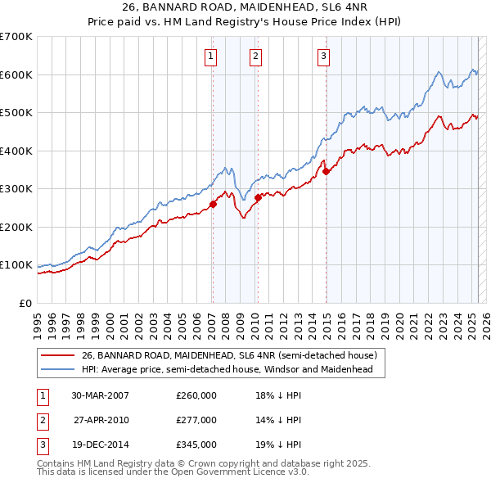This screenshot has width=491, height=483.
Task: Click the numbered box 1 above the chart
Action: coord(211,56)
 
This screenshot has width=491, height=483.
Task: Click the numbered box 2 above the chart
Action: coord(256,56)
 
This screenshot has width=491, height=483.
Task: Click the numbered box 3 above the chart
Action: coord(324,56)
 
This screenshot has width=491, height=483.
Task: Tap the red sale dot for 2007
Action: coord(213,205)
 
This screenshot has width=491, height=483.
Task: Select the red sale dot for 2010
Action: coord(258,197)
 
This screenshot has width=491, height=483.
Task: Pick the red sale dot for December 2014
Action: coord(326,172)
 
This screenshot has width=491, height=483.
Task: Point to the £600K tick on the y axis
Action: coord(16,74)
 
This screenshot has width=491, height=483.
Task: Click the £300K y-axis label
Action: coord(16,189)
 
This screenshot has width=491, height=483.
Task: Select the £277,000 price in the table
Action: coord(196,420)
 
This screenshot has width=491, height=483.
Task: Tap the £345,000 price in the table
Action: coord(196,445)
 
